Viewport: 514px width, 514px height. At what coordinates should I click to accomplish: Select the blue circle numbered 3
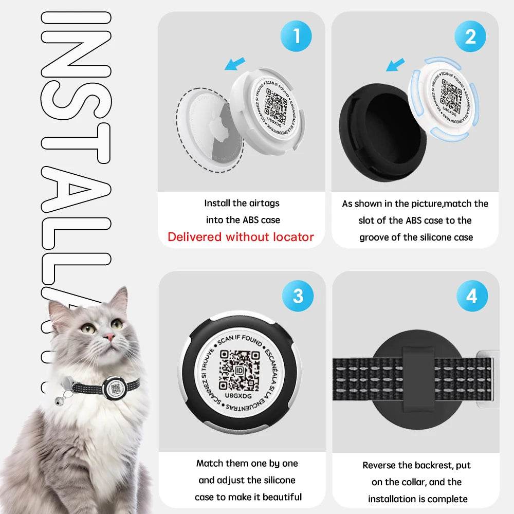coord(298,297)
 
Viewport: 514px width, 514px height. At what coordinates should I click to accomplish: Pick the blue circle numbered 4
coord(471,297)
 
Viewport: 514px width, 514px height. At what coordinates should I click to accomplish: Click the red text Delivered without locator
coord(241,237)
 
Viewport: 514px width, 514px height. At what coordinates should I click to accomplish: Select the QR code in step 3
coord(240,370)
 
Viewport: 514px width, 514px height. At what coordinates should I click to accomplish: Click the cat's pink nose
coord(109,337)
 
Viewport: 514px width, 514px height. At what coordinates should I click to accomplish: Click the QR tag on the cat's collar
coord(114,389)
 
